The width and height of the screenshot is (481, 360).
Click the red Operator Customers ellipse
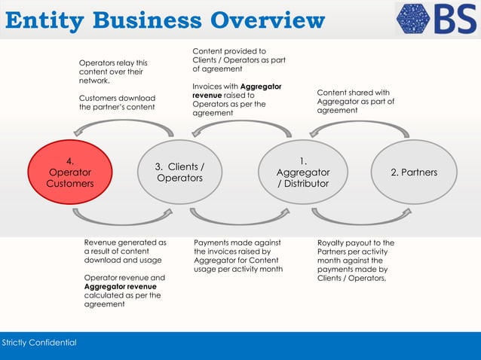[69, 172]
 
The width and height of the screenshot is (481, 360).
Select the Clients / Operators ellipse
[179, 172]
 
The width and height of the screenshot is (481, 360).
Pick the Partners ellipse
[413, 172]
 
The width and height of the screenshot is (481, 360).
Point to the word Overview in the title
[267, 20]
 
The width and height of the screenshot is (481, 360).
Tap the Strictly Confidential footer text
[39, 343]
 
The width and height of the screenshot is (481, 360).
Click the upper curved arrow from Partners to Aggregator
[359, 129]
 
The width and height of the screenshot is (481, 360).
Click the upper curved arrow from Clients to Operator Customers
[124, 129]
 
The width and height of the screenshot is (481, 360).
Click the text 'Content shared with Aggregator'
[355, 101]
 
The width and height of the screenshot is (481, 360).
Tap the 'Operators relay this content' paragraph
[114, 72]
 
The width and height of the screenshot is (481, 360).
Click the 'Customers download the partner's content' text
[117, 102]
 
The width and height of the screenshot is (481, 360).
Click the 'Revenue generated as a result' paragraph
[125, 252]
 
